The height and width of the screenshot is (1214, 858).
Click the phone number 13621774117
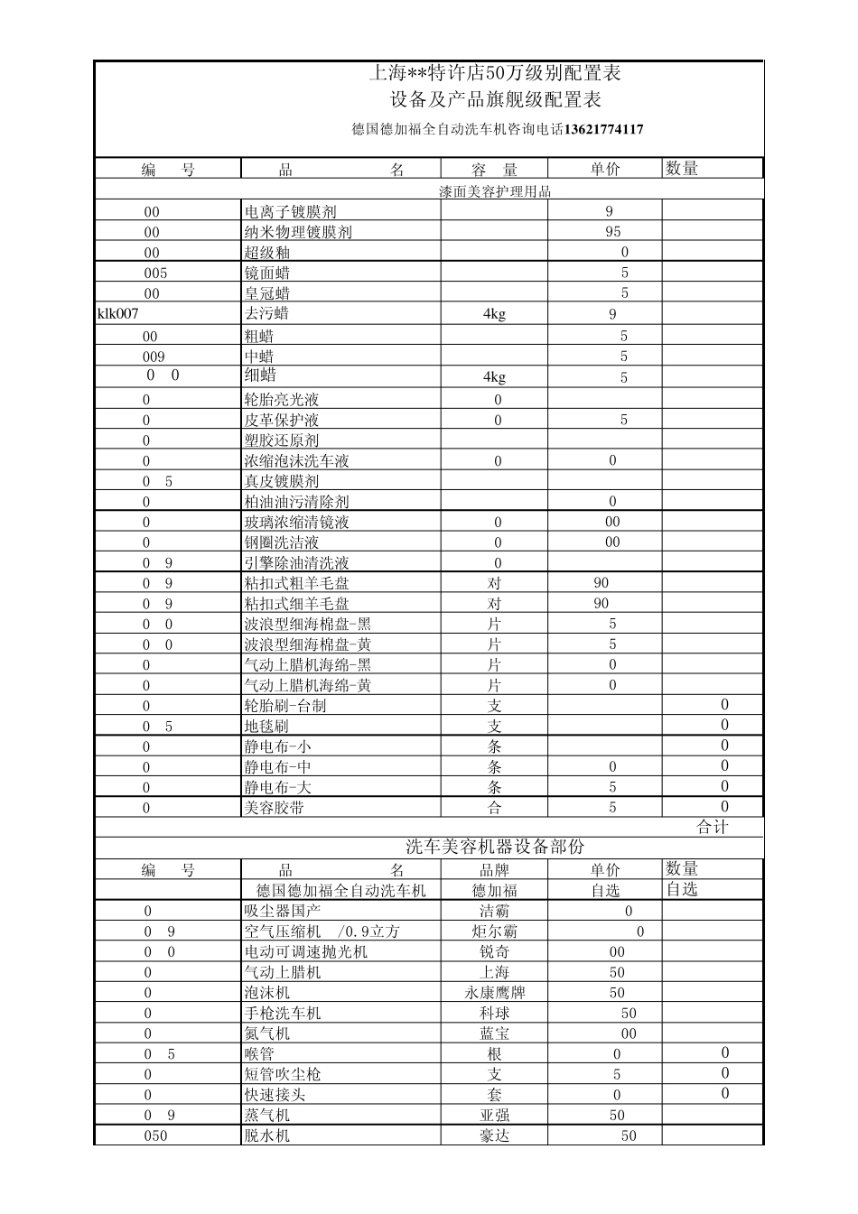[x=603, y=129]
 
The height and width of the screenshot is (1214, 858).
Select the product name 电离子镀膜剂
[x=290, y=211]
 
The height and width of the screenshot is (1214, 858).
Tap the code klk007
[x=118, y=313]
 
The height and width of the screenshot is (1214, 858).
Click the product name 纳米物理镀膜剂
[x=298, y=232]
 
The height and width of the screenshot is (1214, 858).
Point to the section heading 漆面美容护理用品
[x=495, y=191]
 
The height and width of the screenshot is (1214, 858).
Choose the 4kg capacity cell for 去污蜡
[x=494, y=314]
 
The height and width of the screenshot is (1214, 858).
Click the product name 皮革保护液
[x=281, y=420]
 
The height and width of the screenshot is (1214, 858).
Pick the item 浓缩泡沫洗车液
[x=296, y=460]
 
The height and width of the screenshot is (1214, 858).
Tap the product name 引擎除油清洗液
[x=296, y=562]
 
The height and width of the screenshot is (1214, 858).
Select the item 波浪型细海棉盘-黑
[x=307, y=624]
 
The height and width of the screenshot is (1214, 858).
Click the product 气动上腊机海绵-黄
[x=307, y=685]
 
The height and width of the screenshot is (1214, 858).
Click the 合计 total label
[x=713, y=827]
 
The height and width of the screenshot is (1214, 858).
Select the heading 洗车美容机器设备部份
[x=495, y=848]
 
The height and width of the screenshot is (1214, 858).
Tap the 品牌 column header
[x=495, y=870]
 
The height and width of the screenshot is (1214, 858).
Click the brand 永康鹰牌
[x=495, y=992]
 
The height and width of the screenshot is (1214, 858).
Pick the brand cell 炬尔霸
[x=495, y=931]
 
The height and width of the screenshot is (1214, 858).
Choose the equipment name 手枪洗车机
[x=282, y=1013]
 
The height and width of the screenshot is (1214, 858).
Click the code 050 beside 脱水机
[x=155, y=1135]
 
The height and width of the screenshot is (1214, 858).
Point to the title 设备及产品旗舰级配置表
[x=495, y=99]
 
